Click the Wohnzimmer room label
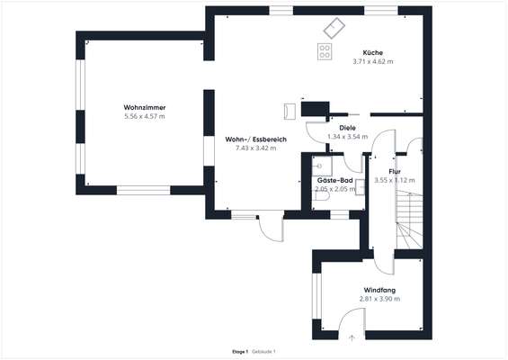click(x=145, y=108)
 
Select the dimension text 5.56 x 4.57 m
click(x=145, y=116)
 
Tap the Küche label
click(x=373, y=52)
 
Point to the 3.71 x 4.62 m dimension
click(x=373, y=61)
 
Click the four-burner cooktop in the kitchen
click(x=325, y=50)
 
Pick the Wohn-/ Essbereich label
click(x=255, y=139)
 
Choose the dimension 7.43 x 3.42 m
click(x=255, y=148)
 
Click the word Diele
click(x=335, y=129)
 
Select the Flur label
click(x=394, y=171)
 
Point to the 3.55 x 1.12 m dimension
click(x=394, y=180)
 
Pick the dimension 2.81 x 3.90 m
click(x=379, y=299)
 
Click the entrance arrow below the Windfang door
click(x=352, y=337)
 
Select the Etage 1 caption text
click(x=239, y=351)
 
